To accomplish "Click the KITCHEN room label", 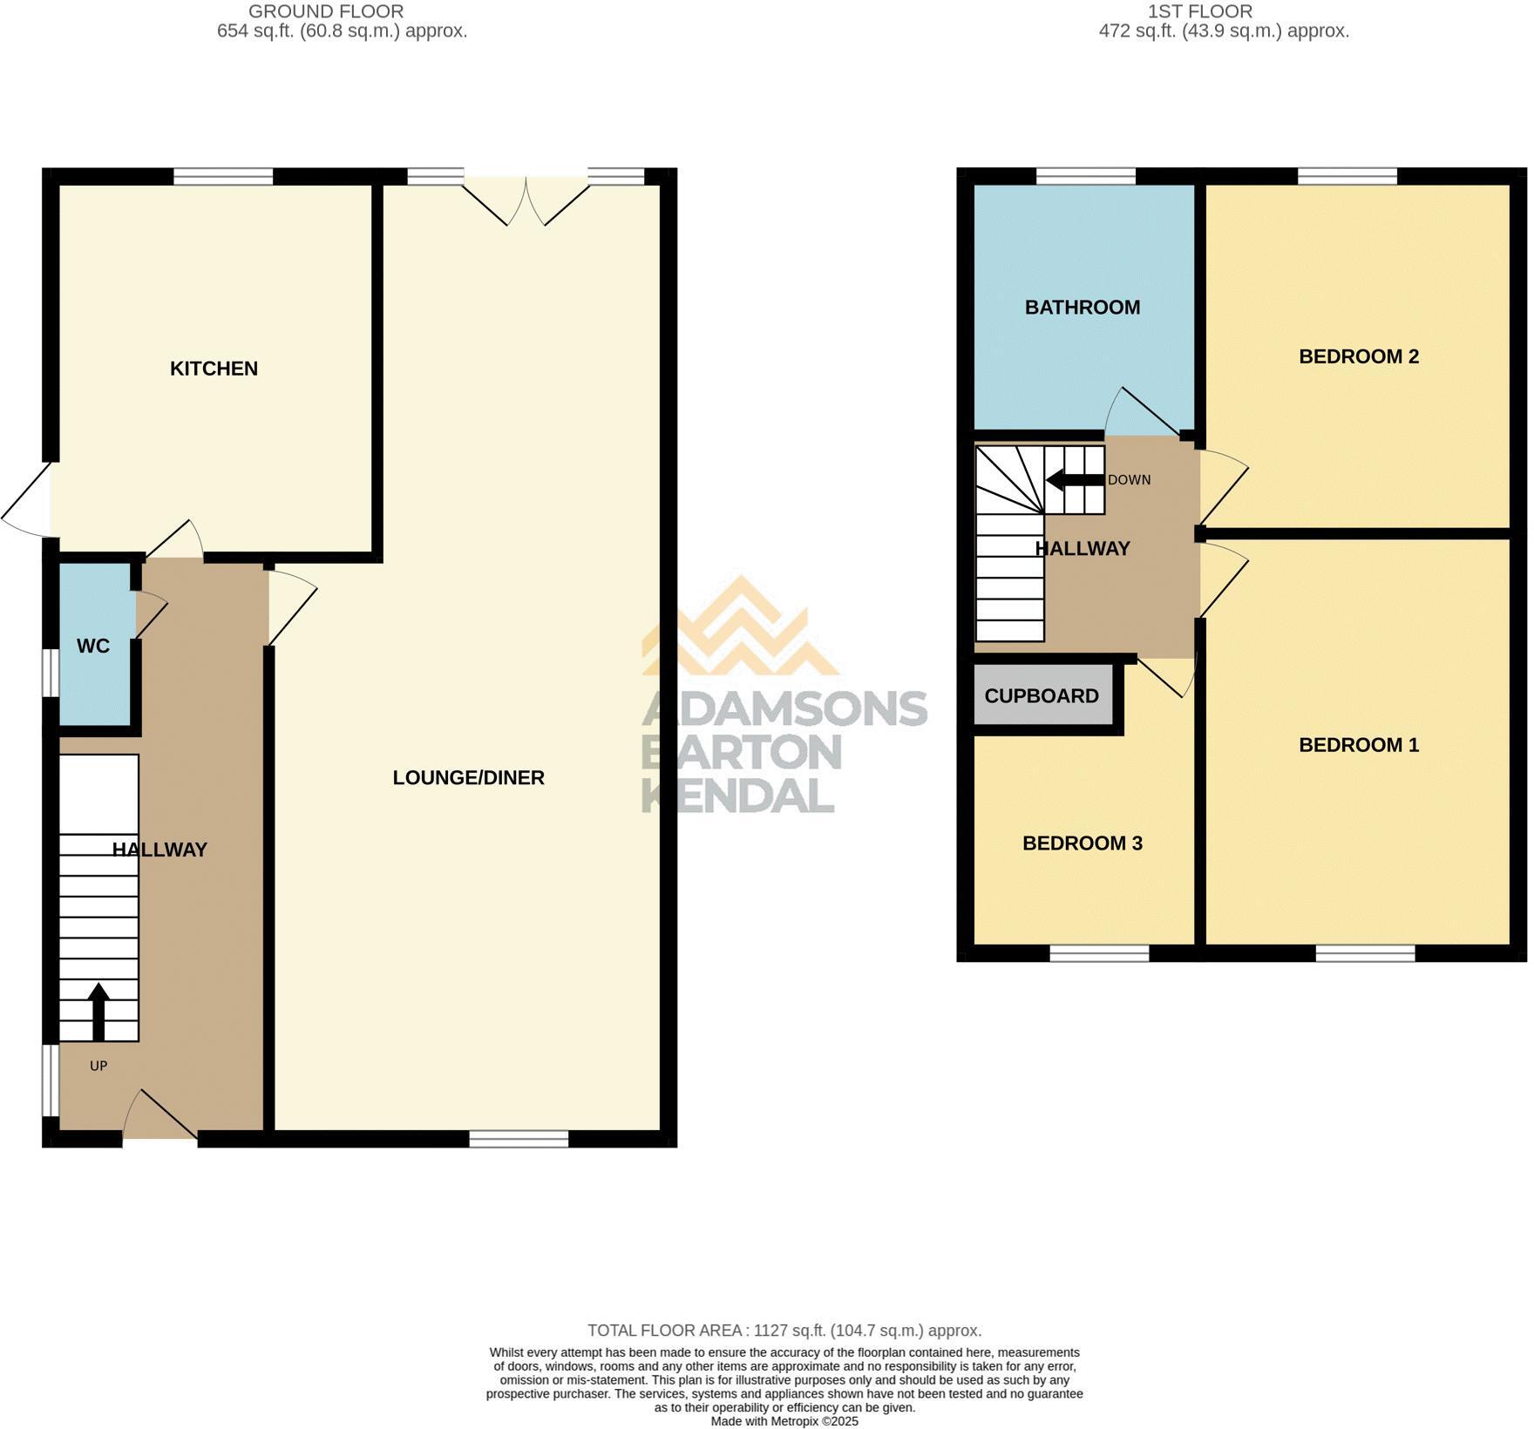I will (214, 369).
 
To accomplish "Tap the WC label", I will (93, 647).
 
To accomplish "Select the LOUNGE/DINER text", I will (468, 778).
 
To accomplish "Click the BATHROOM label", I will (1082, 308).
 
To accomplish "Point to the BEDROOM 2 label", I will (1358, 356).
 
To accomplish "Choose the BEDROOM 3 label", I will (1082, 843).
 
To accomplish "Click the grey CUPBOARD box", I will (1042, 696).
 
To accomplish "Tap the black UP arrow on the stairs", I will (98, 1012).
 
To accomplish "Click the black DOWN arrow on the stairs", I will (1075, 480).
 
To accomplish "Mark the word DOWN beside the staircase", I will (1129, 480).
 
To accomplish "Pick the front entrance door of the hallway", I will (160, 1116).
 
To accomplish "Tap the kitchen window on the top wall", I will (223, 177).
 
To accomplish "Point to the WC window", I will (51, 672).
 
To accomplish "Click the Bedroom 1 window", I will (1364, 955).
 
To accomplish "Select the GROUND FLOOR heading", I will (326, 11).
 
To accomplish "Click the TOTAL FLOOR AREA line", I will (784, 1331).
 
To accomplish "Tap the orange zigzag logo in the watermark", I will (740, 627).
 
